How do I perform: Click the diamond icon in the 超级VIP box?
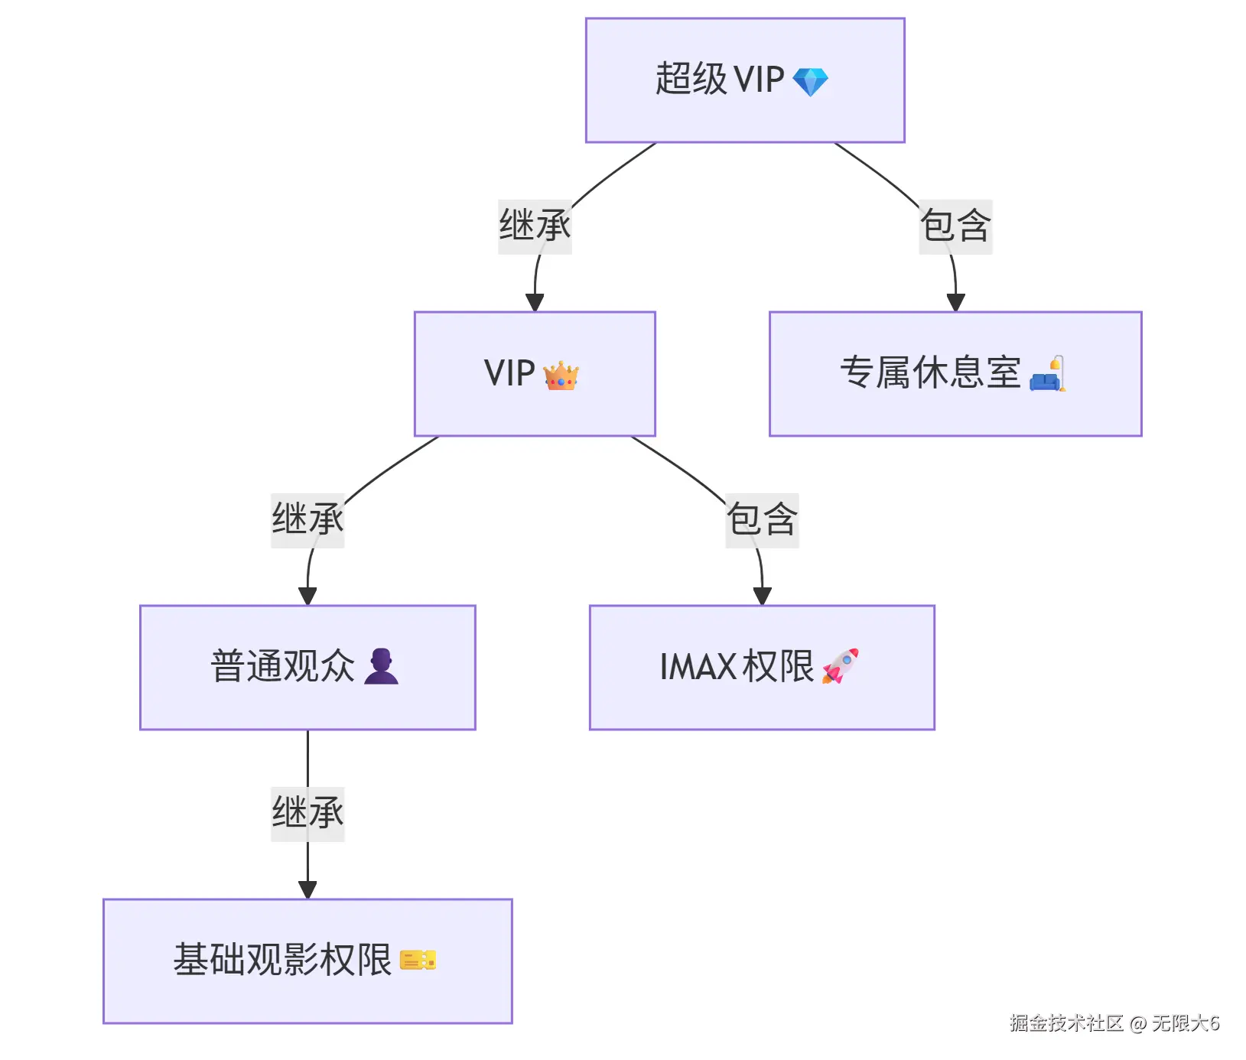810,82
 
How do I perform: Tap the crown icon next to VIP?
561,376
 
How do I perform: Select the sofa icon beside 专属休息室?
1047,374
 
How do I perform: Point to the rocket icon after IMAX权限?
840,666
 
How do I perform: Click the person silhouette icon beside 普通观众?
381,666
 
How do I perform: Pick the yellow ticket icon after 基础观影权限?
418,960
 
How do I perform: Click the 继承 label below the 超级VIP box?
535,226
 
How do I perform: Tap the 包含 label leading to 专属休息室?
955,226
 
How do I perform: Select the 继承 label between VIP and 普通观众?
307,520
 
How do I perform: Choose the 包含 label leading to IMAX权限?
762,520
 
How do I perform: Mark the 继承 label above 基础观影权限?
307,814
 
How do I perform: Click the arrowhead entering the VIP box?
535,303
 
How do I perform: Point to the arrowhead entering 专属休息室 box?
955,303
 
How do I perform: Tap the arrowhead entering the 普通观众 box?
307,597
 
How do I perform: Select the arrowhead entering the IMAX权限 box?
762,597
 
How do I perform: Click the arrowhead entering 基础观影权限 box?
307,890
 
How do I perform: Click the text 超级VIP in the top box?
720,80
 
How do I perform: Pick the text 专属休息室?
930,373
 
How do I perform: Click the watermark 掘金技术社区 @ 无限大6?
1114,1023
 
